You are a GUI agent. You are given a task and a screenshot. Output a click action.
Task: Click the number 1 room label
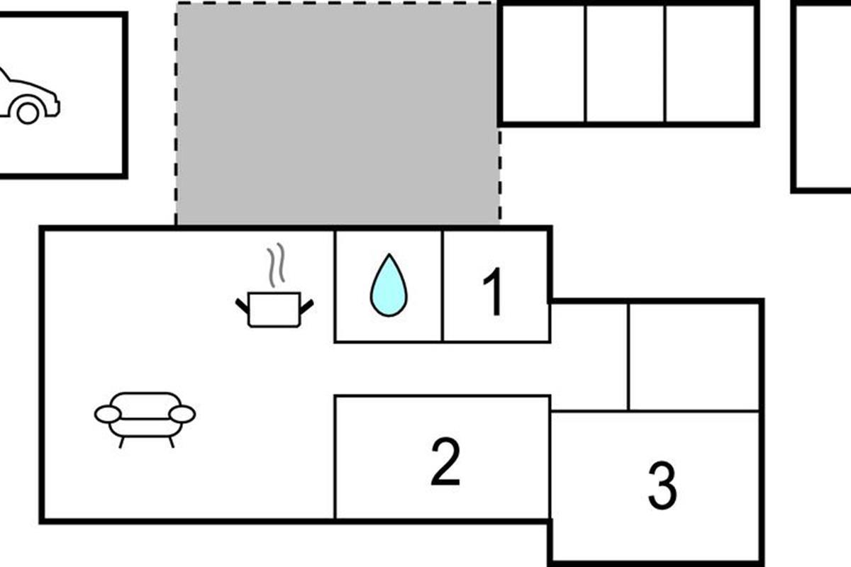coord(494,292)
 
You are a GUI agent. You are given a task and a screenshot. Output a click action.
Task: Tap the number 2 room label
coord(445,461)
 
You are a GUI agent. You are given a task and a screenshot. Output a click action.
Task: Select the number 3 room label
coord(662,485)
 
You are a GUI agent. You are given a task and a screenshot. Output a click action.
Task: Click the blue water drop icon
coord(389,285)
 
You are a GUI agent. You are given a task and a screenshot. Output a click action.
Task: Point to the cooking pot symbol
coord(274,309)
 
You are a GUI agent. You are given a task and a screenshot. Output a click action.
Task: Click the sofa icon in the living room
coord(145,420)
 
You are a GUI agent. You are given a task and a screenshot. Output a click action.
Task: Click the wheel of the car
coord(28,113)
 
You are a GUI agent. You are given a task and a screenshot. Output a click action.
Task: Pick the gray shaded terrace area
coord(338,114)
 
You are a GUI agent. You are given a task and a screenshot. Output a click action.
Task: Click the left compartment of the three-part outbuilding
coord(543,63)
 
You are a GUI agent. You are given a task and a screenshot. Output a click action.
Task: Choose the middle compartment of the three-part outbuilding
coord(625,63)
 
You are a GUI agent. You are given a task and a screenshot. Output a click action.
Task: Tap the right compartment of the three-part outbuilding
coord(711,63)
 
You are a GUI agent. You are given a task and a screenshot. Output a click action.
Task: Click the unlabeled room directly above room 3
coord(694,357)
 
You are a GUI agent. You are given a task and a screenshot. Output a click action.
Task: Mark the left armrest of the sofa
coord(109,414)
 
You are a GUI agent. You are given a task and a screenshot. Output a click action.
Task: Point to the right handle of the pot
coord(306,307)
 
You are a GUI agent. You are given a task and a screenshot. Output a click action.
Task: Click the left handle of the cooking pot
coord(242,306)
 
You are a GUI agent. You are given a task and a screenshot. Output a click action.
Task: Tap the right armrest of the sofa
coord(182,414)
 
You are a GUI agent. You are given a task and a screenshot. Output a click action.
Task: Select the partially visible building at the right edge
coord(823,97)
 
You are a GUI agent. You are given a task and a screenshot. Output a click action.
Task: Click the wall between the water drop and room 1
coord(443,286)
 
